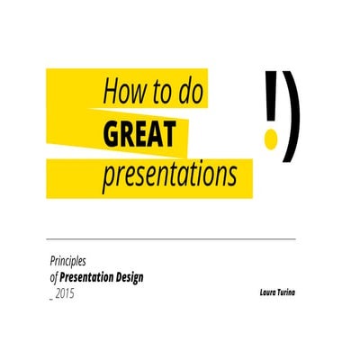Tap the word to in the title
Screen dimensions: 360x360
point(164,92)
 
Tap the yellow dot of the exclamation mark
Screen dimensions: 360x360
point(269,140)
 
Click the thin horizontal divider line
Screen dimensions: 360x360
point(171,239)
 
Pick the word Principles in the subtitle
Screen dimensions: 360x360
point(68,262)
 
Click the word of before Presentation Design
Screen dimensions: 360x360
point(54,278)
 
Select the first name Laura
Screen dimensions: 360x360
point(266,293)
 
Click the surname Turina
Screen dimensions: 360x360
point(287,293)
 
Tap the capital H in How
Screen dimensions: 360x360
point(111,92)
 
